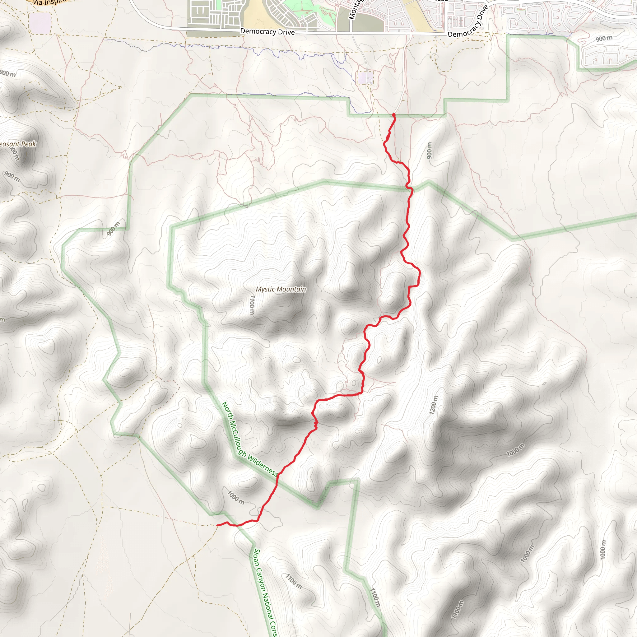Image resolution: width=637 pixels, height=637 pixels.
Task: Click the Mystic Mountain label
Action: pyautogui.click(x=281, y=289)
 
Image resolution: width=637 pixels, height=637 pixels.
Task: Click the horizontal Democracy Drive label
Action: pyautogui.click(x=267, y=32)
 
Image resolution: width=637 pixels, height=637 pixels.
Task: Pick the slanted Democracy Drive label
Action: pyautogui.click(x=468, y=22)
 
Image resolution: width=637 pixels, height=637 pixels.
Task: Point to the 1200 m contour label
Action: pyautogui.click(x=434, y=405)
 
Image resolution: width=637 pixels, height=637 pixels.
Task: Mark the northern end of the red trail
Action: pyautogui.click(x=394, y=115)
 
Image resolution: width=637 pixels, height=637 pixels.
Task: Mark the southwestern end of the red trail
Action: pyautogui.click(x=217, y=525)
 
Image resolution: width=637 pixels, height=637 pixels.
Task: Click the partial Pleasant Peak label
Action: pyautogui.click(x=18, y=144)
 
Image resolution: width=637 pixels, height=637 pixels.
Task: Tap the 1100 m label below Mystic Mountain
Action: pyautogui.click(x=252, y=305)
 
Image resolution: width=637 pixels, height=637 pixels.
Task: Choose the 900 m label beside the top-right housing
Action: pyautogui.click(x=604, y=39)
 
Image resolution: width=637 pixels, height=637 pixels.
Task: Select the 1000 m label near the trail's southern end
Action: pyautogui.click(x=236, y=498)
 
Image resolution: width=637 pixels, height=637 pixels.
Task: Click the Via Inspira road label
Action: pyautogui.click(x=49, y=2)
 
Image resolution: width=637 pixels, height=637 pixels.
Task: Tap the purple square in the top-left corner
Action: pyautogui.click(x=40, y=23)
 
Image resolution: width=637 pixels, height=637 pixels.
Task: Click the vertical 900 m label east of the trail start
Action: pyautogui.click(x=429, y=150)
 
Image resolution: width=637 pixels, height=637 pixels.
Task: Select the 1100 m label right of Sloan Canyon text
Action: pyautogui.click(x=293, y=581)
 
